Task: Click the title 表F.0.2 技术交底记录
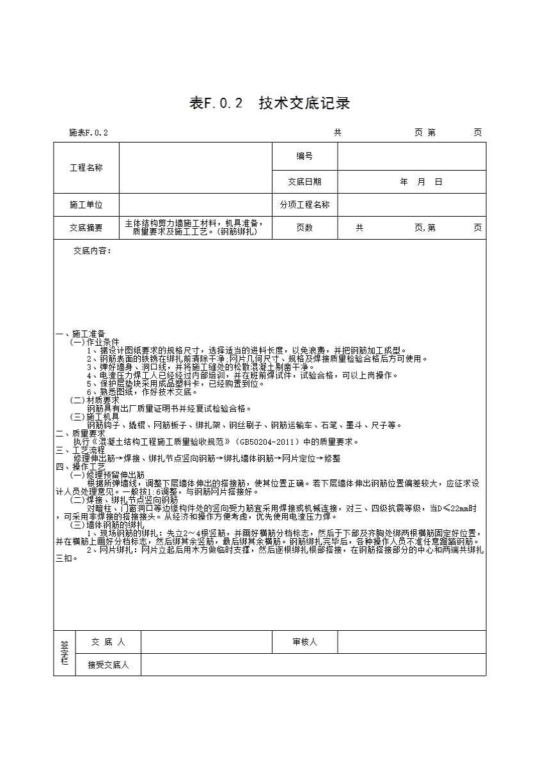(x=269, y=104)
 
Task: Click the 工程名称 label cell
(x=86, y=168)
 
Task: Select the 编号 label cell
(x=304, y=156)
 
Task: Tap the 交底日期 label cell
(x=304, y=182)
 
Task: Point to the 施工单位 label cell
(x=86, y=205)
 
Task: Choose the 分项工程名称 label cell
(x=304, y=205)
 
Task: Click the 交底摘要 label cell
(x=86, y=228)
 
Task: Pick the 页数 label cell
(x=304, y=228)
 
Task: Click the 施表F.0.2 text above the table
(x=88, y=133)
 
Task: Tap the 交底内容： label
(x=92, y=251)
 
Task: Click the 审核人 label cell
(x=304, y=642)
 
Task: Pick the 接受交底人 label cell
(x=108, y=665)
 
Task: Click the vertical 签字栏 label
(x=64, y=653)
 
